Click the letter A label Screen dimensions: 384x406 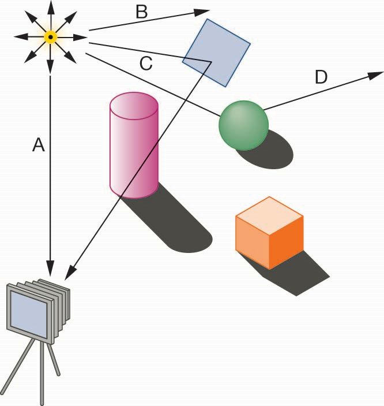39,144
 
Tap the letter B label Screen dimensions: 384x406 142,12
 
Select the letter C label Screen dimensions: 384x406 146,64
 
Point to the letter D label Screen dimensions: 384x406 321,77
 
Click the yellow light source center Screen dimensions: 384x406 51,37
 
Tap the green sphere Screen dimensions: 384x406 243,125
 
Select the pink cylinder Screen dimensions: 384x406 134,146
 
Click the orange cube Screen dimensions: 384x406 269,233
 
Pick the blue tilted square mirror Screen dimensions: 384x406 216,53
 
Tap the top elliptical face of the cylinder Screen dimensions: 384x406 134,106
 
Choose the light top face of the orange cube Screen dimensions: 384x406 269,215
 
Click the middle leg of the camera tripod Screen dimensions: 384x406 42,373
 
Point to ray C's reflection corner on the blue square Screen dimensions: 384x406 212,62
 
